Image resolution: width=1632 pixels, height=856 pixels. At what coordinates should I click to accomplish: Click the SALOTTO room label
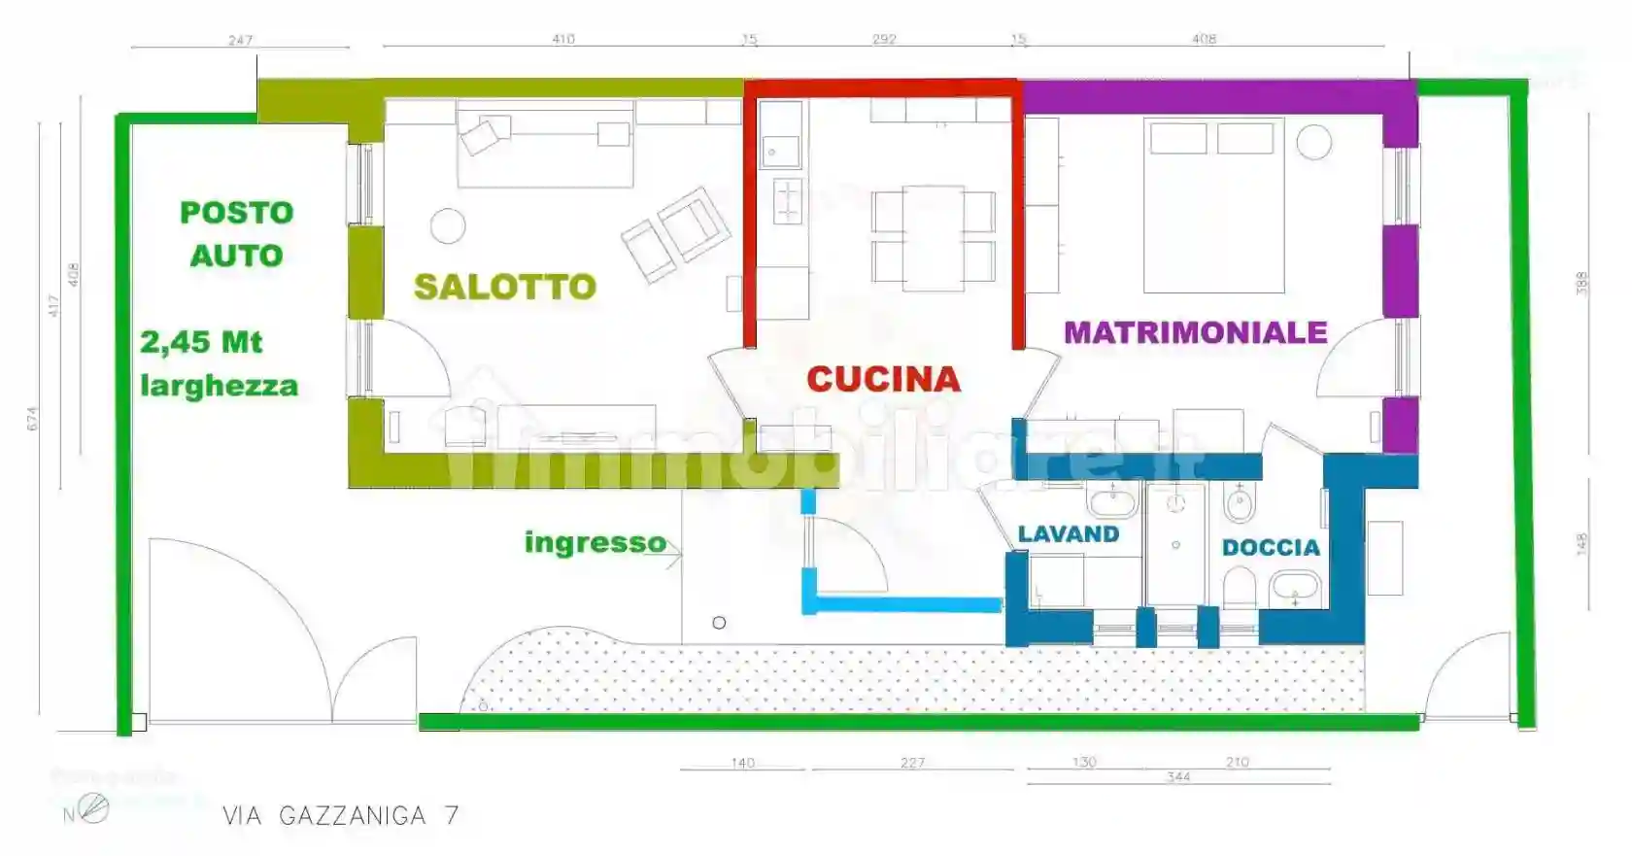coord(504,287)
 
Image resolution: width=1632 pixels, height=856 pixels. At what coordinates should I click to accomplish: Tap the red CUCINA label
coord(883,379)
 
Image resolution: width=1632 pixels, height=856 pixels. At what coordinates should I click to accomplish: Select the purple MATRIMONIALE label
coord(1195,332)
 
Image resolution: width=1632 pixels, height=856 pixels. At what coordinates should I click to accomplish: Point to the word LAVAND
coord(1068,534)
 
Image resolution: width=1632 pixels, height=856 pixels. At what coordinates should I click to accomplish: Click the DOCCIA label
coord(1271,548)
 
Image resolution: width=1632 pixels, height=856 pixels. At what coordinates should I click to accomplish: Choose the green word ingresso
coord(595,542)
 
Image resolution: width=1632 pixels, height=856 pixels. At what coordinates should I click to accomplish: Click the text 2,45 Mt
coord(201,342)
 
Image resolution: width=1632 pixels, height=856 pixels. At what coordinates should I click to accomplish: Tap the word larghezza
coord(219,386)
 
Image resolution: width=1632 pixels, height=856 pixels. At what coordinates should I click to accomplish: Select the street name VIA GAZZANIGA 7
coord(340,815)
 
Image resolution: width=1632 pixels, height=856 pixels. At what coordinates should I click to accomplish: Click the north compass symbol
coord(92,807)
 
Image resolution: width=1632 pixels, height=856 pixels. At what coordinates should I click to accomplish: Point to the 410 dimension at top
coord(563,39)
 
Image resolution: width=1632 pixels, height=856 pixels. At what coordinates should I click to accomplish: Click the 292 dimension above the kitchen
coord(884,39)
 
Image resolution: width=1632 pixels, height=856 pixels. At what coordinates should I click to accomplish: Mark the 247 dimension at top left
coord(240,40)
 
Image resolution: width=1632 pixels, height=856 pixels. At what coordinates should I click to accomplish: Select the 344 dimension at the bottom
coord(1178,776)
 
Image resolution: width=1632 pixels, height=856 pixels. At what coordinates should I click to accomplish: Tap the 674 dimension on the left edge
coord(32,419)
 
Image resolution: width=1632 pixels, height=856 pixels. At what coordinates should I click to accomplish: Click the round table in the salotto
coord(448,226)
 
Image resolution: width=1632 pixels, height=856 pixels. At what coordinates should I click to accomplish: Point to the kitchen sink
coord(779,151)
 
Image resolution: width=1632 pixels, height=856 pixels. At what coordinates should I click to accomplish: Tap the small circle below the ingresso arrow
coord(719,623)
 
